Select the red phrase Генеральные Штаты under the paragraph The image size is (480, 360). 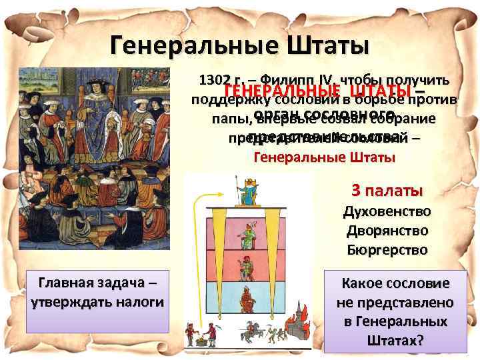325,158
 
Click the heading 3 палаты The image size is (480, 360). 387,190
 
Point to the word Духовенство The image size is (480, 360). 386,211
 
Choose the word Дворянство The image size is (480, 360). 386,231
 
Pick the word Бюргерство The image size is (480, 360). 386,251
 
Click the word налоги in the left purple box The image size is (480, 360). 137,301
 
